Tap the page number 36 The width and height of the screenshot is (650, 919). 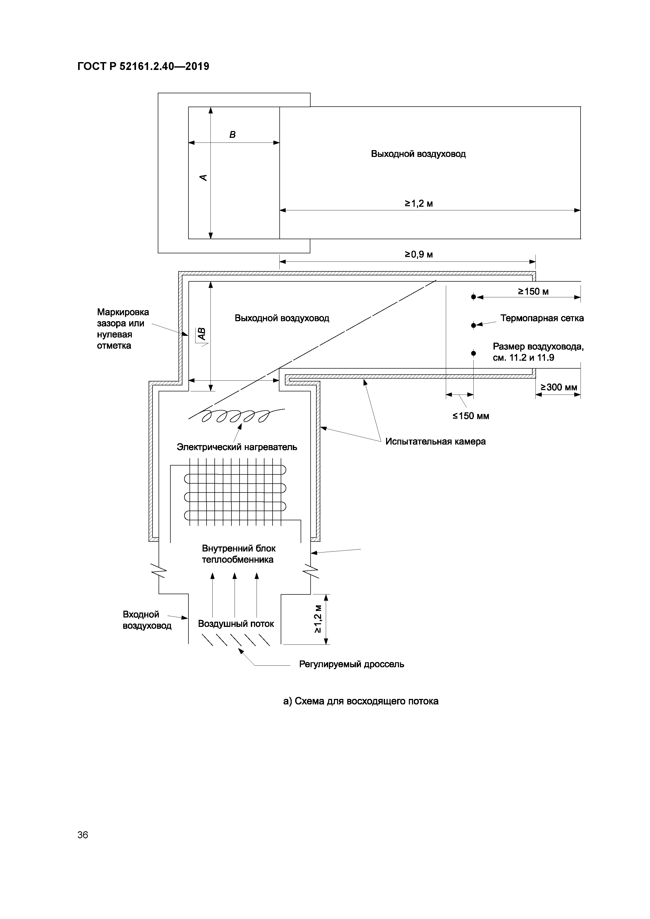pyautogui.click(x=83, y=835)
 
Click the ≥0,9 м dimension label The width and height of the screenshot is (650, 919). pyautogui.click(x=419, y=255)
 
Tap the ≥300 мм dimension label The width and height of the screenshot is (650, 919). pyautogui.click(x=559, y=387)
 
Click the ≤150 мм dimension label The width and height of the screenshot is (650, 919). pyautogui.click(x=470, y=416)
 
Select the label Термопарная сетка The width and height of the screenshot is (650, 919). pyautogui.click(x=541, y=318)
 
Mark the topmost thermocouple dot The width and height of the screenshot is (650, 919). pyautogui.click(x=473, y=297)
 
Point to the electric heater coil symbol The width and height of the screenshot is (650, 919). pyautogui.click(x=236, y=416)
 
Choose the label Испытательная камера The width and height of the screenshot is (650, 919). pyautogui.click(x=435, y=441)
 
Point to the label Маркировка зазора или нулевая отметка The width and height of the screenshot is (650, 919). pyautogui.click(x=123, y=329)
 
